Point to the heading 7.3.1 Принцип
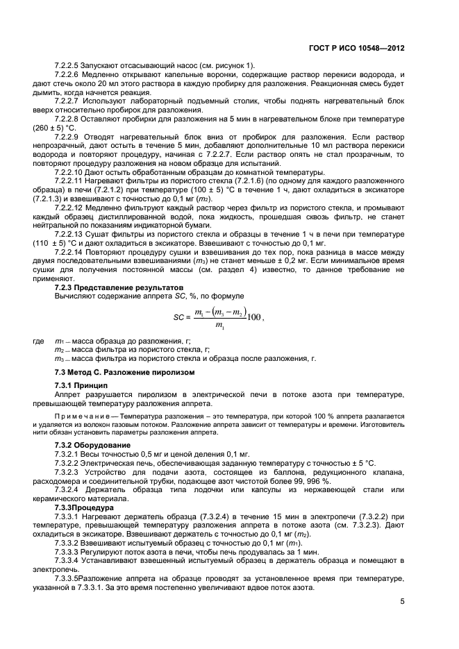click(x=81, y=385)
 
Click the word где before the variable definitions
click(x=39, y=342)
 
